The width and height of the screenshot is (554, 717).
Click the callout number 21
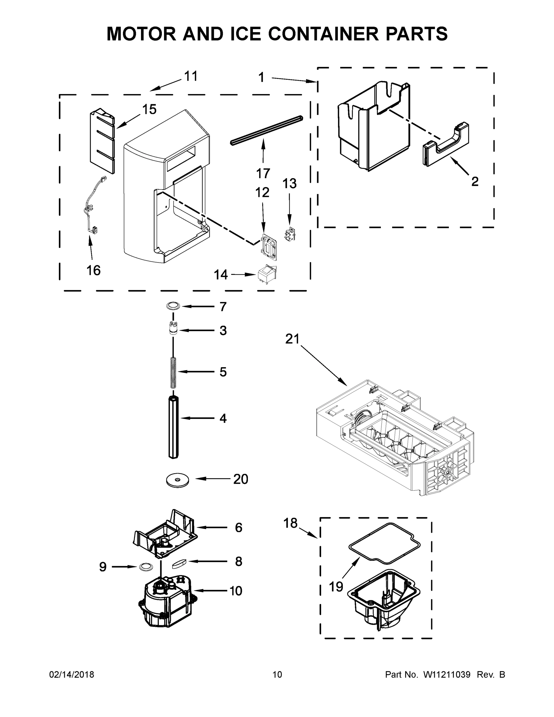click(292, 339)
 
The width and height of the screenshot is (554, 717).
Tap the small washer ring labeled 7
click(173, 306)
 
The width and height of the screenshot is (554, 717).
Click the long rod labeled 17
click(266, 130)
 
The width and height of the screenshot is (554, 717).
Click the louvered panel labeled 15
click(102, 141)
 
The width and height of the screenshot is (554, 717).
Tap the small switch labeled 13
click(289, 235)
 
